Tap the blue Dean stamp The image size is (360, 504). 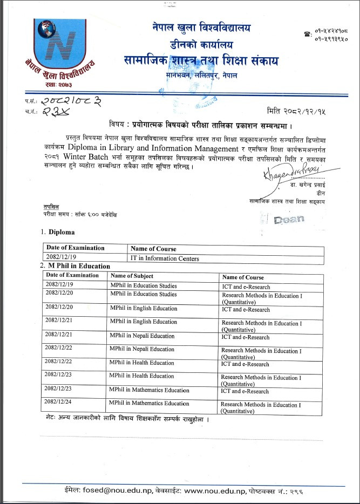(288, 219)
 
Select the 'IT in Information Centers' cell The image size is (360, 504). (165, 258)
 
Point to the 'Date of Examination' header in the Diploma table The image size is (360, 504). (76, 248)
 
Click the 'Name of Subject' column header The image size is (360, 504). (132, 276)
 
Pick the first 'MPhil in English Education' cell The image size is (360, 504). (144, 309)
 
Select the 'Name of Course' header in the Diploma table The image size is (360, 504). (154, 249)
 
